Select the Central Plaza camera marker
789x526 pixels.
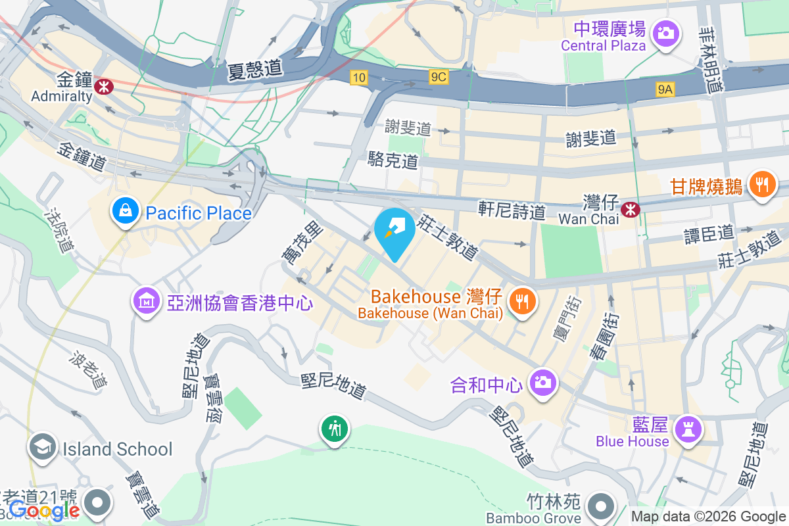[665, 32]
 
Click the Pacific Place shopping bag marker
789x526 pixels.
[124, 211]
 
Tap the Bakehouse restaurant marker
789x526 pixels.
[523, 302]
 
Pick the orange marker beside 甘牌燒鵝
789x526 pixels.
[762, 184]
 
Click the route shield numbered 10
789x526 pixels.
[358, 78]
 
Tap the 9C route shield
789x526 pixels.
[439, 78]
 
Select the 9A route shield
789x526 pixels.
[665, 89]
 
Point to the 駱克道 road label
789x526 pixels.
[393, 160]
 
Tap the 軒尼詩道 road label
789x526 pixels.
[512, 210]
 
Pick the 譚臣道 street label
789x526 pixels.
[709, 233]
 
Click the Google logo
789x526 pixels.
[44, 510]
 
